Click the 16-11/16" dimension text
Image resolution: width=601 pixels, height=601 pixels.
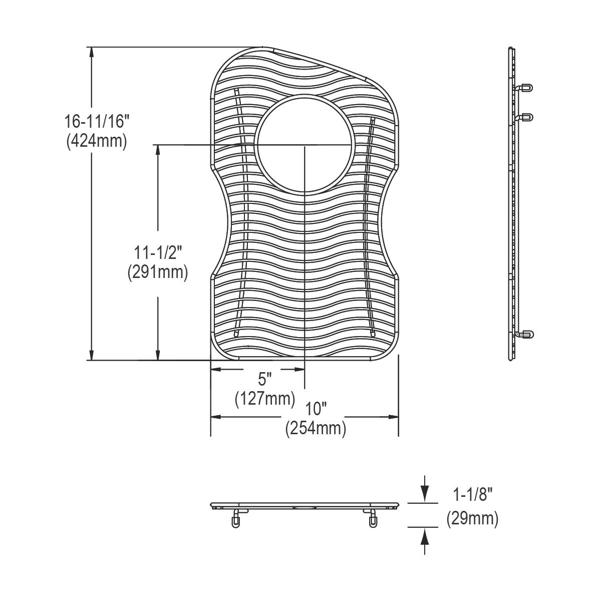[96, 122]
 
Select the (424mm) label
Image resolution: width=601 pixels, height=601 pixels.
[96, 141]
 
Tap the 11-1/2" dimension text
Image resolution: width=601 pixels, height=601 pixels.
[158, 252]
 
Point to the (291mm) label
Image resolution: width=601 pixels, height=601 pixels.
[158, 272]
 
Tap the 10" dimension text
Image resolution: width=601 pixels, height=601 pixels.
[316, 409]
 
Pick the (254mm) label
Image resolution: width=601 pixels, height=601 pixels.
[316, 429]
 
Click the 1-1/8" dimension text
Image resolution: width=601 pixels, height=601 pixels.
[473, 496]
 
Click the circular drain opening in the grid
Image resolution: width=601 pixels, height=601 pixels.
[305, 144]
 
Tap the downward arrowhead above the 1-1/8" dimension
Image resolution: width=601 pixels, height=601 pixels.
[425, 496]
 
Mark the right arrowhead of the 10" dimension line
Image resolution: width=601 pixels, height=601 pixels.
[393, 417]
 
